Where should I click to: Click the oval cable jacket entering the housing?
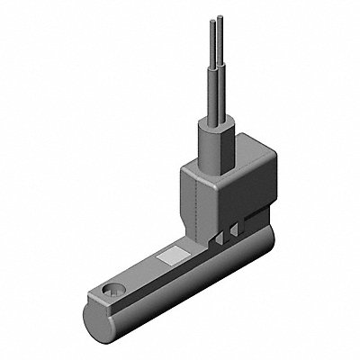click(x=216, y=144)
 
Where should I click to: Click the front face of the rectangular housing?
click(x=198, y=202)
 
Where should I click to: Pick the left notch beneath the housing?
click(x=222, y=235)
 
